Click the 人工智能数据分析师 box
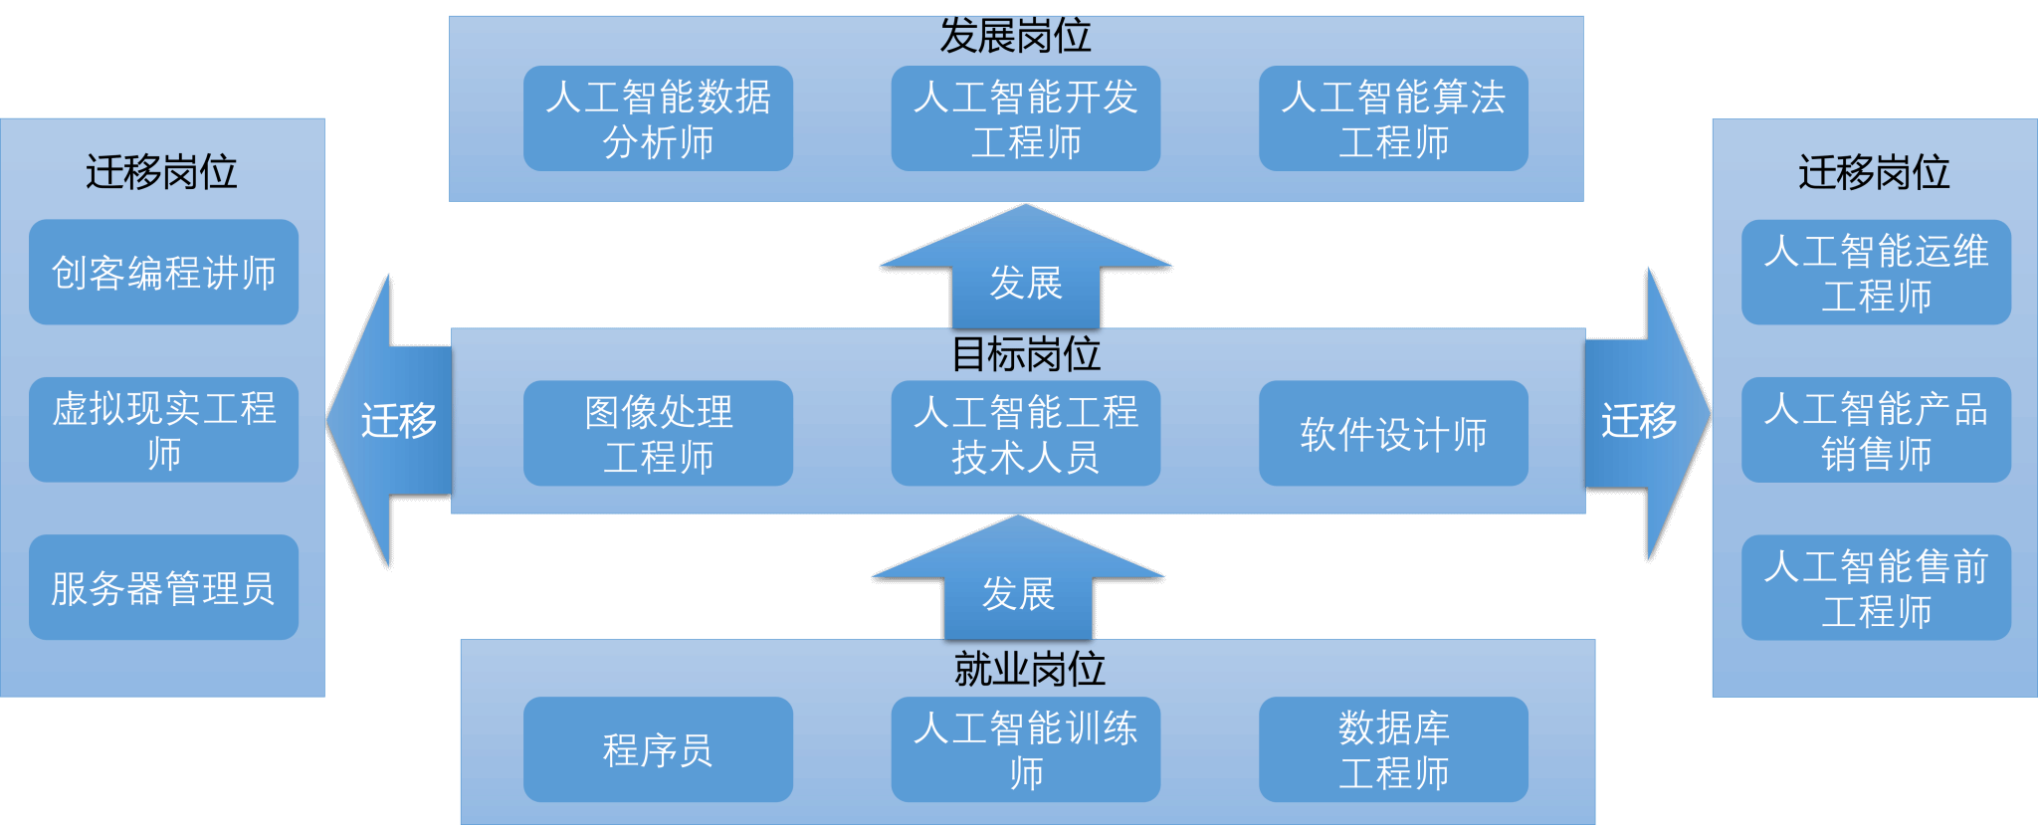(658, 118)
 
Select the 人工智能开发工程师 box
(1025, 118)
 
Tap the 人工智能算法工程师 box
(1393, 118)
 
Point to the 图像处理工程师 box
(658, 433)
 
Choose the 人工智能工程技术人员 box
(1025, 433)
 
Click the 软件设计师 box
(1393, 433)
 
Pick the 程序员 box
(658, 749)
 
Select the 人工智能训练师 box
(1025, 749)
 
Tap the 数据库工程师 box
(1393, 749)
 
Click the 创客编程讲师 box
(163, 272)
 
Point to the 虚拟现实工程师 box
(163, 430)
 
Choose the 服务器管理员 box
(163, 587)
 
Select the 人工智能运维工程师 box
(1876, 272)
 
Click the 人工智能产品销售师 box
(1876, 430)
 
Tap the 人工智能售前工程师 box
(1876, 587)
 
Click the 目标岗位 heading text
(1025, 354)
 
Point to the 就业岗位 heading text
(1029, 669)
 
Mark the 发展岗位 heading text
(1015, 36)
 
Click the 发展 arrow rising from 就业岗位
(1017, 587)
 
